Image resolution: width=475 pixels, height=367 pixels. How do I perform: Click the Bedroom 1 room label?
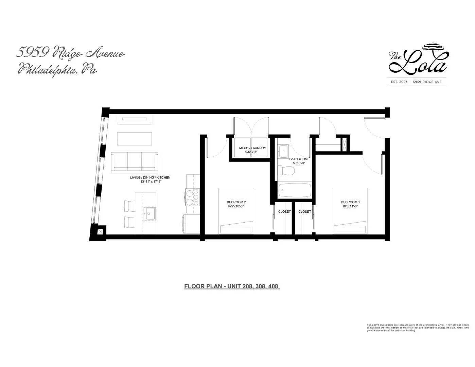click(x=350, y=202)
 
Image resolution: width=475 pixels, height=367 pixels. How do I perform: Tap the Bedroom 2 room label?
click(x=236, y=202)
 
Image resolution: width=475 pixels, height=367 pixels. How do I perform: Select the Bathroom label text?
click(x=298, y=159)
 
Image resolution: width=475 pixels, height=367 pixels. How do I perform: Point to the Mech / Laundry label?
click(x=252, y=148)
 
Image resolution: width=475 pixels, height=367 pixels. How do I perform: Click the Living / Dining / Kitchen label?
click(x=150, y=177)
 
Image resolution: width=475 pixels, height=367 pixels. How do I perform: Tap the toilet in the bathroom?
click(x=286, y=171)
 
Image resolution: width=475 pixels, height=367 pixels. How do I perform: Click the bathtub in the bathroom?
click(x=295, y=190)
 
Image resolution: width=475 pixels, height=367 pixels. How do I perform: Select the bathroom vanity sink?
click(x=283, y=151)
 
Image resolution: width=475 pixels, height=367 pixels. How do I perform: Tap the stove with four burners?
click(x=193, y=197)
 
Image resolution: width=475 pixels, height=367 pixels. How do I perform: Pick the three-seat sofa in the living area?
click(x=135, y=162)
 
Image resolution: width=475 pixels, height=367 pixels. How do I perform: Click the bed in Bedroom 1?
click(x=350, y=211)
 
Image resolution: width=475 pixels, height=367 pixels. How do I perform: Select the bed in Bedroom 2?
click(x=236, y=211)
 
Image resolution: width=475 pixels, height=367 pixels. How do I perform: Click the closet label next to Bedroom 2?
click(x=284, y=212)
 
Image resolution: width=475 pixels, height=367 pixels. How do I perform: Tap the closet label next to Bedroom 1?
click(x=304, y=212)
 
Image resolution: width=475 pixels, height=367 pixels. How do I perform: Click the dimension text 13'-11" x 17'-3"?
click(x=151, y=182)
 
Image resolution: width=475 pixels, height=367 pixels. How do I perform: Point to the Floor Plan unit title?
click(x=231, y=286)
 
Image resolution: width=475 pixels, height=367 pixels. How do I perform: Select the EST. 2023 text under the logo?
click(x=399, y=82)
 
